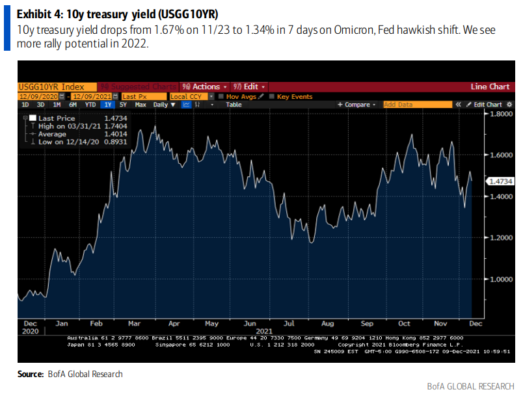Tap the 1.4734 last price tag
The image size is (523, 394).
pos(500,181)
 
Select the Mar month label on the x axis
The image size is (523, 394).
pos(136,322)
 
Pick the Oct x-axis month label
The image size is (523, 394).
pos(404,322)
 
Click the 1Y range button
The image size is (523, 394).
pos(108,105)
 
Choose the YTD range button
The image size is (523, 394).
pos(90,105)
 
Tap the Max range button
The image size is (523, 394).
pos(141,105)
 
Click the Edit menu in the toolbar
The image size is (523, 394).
pos(250,86)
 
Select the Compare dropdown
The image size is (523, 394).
pos(357,105)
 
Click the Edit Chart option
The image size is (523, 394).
pos(487,105)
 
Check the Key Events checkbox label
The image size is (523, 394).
pos(294,96)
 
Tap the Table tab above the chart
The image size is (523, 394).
pos(234,105)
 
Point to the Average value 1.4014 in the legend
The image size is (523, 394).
pos(116,133)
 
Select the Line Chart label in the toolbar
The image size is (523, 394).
pos(490,86)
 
